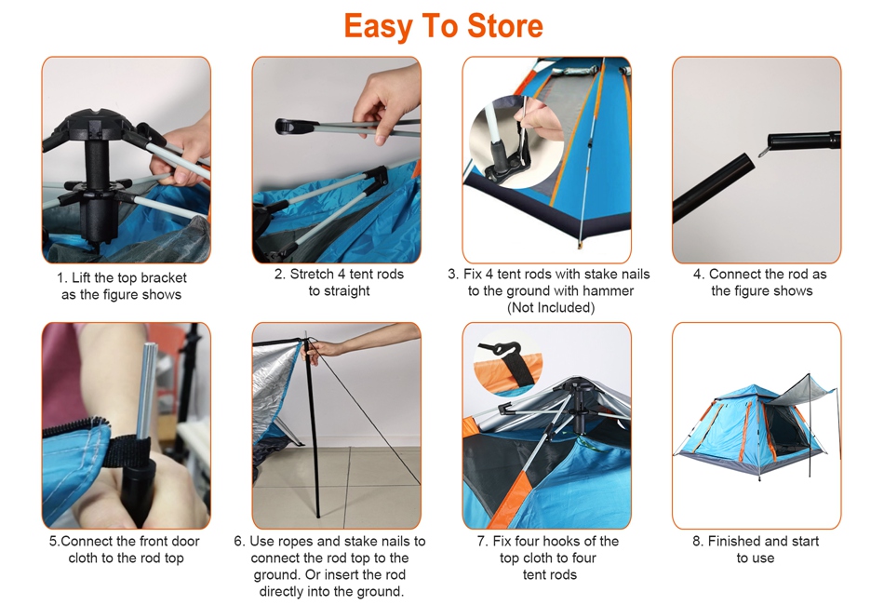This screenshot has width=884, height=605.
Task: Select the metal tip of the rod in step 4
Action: click(x=763, y=150)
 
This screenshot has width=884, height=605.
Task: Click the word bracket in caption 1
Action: click(x=164, y=278)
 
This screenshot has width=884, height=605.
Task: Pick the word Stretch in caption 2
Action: click(x=312, y=275)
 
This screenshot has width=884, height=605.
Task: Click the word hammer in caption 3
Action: click(x=611, y=291)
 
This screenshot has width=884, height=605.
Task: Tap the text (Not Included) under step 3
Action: click(x=551, y=308)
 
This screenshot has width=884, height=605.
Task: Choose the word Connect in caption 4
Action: click(x=733, y=275)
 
